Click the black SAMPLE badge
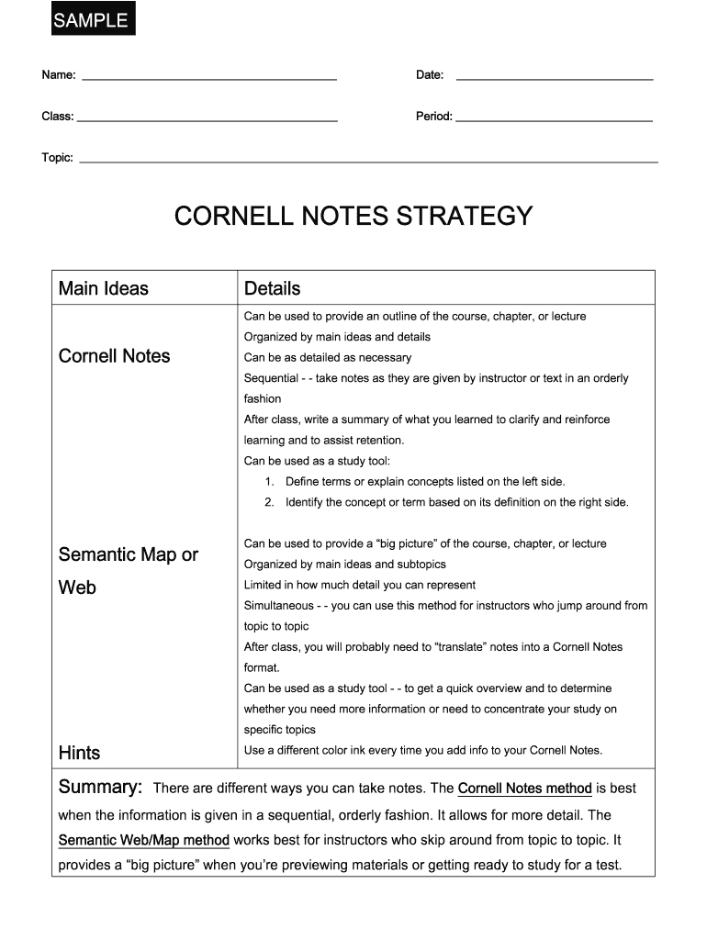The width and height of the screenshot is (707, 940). [91, 20]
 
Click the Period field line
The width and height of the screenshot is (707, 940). [554, 120]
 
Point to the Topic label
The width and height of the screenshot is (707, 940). [57, 158]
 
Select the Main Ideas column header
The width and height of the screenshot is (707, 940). [103, 288]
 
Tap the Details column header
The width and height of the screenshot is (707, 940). [272, 288]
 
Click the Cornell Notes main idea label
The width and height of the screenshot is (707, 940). [114, 356]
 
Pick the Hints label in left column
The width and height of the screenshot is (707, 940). [79, 753]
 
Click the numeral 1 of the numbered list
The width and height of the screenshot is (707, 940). [269, 482]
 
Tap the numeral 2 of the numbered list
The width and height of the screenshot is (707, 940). [269, 503]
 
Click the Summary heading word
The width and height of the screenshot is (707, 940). [100, 788]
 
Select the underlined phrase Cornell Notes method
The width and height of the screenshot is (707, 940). [524, 789]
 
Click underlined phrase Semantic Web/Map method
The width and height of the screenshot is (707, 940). [143, 840]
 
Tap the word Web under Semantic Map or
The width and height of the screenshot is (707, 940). [77, 587]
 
